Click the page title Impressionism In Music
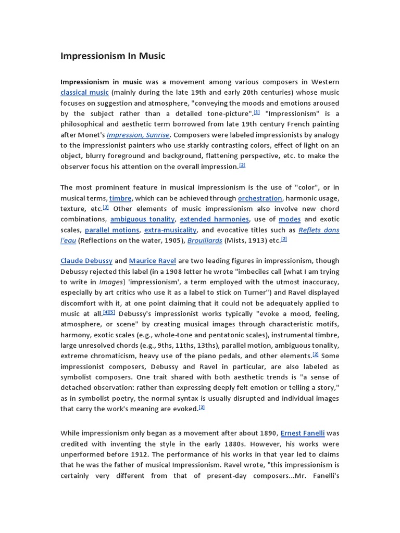(113, 55)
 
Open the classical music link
(84, 93)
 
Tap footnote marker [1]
(257, 112)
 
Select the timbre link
(120, 198)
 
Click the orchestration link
(260, 198)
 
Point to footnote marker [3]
(106, 207)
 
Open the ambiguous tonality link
(143, 219)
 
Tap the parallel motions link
(112, 230)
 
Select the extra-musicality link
(170, 230)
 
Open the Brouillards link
(205, 240)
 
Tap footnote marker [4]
(106, 312)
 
